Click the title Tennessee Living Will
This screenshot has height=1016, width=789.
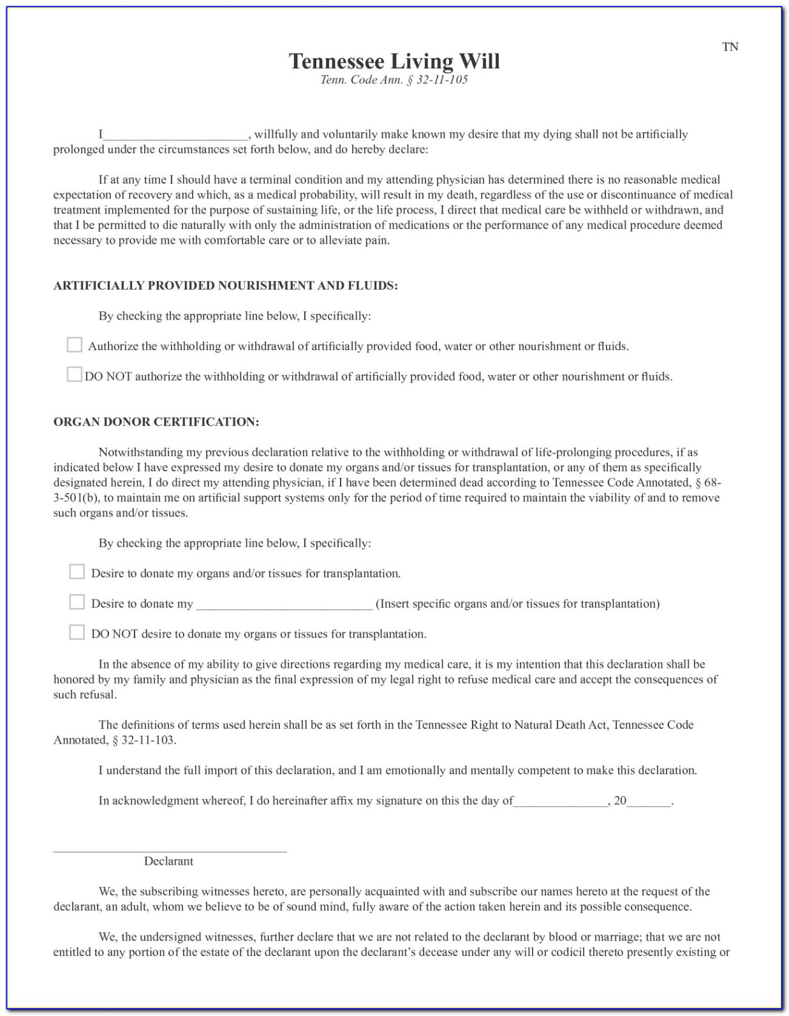tap(394, 61)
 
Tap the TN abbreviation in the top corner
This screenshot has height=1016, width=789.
tap(730, 47)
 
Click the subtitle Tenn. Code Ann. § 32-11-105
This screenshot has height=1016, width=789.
tap(394, 80)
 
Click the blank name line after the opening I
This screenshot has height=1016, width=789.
tap(175, 135)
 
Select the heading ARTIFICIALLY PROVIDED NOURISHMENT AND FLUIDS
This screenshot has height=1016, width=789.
tap(225, 286)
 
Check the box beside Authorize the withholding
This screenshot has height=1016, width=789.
tap(75, 345)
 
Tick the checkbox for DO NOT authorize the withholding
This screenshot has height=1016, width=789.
tap(75, 374)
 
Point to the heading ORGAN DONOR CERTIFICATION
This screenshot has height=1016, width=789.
tap(156, 422)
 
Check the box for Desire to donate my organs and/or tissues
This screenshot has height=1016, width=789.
tap(77, 571)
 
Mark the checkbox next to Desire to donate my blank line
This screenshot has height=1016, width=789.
tap(77, 602)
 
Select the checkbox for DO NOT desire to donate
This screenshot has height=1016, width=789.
tap(77, 632)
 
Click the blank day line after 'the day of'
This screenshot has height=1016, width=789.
tap(561, 802)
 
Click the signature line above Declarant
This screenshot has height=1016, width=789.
tap(170, 850)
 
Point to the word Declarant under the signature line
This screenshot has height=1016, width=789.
tap(168, 862)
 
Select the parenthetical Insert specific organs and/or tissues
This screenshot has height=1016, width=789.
tap(517, 604)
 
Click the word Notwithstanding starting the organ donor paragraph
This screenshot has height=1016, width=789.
tap(140, 453)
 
